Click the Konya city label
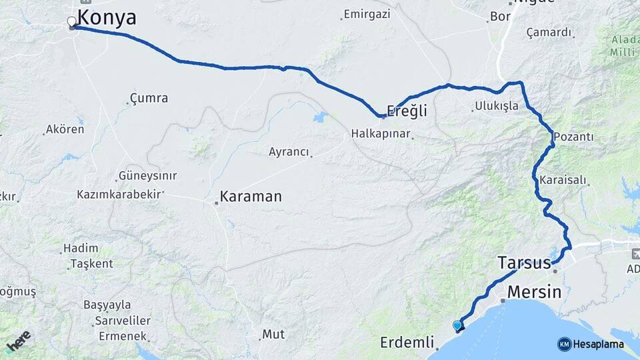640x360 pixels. click(107, 18)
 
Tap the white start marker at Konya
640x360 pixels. click(72, 22)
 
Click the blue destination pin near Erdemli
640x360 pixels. click(457, 325)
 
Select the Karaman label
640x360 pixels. click(251, 197)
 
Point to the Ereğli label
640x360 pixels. click(407, 111)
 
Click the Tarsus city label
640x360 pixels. click(524, 263)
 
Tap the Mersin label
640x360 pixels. click(534, 292)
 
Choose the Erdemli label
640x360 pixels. click(407, 343)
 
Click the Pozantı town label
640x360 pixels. click(573, 137)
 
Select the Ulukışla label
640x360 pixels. click(496, 105)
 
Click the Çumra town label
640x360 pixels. click(149, 99)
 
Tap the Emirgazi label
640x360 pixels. click(366, 13)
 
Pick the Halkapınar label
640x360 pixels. click(381, 134)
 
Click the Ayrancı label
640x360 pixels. click(289, 152)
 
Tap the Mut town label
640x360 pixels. click(273, 334)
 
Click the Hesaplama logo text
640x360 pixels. click(598, 345)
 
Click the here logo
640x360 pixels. click(18, 341)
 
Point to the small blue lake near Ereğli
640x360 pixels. click(321, 117)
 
